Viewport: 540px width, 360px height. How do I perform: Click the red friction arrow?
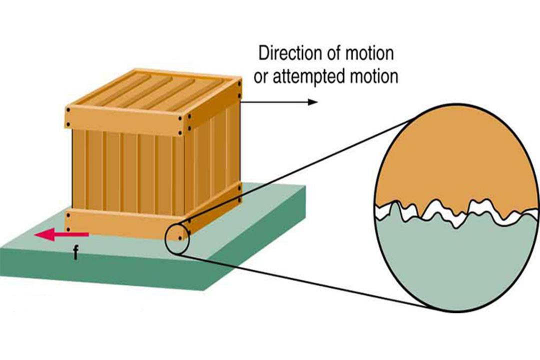[61, 234]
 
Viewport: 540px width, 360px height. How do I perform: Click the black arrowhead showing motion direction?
[312, 102]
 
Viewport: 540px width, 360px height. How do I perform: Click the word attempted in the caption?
[308, 77]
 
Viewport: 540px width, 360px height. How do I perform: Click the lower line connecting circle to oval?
[303, 280]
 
